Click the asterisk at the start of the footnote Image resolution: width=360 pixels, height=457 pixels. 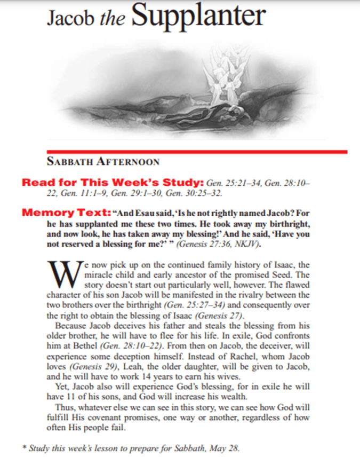(24, 445)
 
